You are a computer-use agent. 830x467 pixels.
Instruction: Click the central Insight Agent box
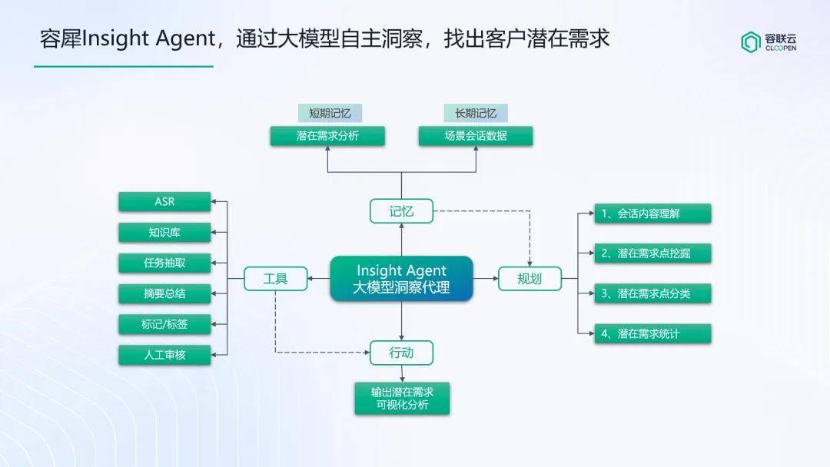[x=401, y=279]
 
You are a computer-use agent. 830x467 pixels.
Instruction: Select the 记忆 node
[x=401, y=211]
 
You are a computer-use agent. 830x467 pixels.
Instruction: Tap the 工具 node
[x=275, y=279]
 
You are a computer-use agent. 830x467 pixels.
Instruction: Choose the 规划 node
[x=530, y=279]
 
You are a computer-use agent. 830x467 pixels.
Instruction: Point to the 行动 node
[x=401, y=353]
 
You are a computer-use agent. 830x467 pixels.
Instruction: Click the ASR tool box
[x=164, y=201]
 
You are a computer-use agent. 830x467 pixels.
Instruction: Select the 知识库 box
[x=164, y=232]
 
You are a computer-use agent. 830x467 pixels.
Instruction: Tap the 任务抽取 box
[x=164, y=263]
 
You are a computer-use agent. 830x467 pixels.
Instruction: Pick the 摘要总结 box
[x=164, y=293]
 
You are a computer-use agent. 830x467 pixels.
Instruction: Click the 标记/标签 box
[x=164, y=324]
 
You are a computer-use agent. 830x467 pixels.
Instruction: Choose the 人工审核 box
[x=164, y=355]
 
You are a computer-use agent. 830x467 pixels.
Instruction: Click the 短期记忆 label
[x=330, y=113]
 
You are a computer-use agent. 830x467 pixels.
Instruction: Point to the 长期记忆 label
[x=476, y=113]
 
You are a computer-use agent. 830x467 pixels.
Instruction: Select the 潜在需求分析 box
[x=327, y=136]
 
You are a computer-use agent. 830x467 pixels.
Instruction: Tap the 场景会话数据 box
[x=476, y=136]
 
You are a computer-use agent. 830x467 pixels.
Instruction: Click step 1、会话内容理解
[x=652, y=214]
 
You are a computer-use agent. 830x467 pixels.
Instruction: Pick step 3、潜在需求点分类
[x=652, y=293]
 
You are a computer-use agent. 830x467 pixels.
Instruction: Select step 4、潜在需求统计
[x=652, y=333]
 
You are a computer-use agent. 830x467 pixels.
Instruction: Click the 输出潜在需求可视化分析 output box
[x=402, y=398]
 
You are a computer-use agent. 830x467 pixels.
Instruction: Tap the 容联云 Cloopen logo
[x=769, y=42]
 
